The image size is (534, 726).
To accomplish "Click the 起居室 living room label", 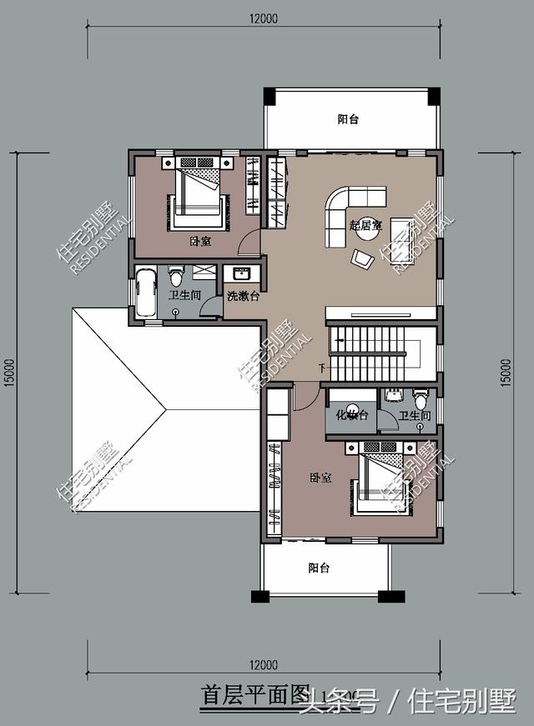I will point(365,225).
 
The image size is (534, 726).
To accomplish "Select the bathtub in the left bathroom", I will point(146,292).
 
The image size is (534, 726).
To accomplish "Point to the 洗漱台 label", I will point(243,296).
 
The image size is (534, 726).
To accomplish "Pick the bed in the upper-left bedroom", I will point(199,196).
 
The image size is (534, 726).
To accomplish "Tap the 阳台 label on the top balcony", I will point(348,119).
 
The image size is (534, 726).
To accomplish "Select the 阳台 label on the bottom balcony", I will point(318,568).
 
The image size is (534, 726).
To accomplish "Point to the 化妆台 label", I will point(351,415).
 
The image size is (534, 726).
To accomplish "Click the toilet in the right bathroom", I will point(420,398).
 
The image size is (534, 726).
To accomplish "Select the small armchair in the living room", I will point(363,259).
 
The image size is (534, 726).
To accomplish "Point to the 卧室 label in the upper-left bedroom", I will point(200,242).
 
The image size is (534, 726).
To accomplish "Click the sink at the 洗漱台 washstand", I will point(242,273).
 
